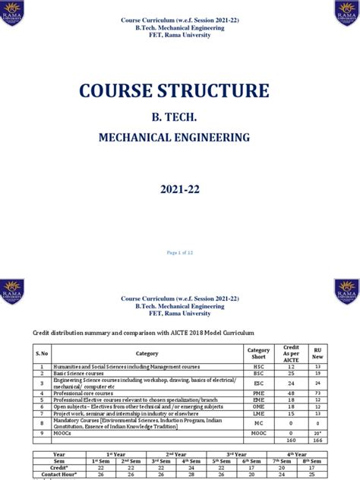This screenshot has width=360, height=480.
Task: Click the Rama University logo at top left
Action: [x=12, y=13]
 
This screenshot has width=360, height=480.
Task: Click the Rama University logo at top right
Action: [x=346, y=13]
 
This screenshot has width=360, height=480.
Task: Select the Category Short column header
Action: [x=258, y=353]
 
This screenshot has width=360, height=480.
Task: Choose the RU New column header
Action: [x=317, y=353]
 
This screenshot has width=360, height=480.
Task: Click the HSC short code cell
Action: [x=258, y=366]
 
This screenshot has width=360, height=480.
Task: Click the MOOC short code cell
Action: [x=258, y=433]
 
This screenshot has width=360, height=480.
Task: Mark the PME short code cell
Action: [x=258, y=393]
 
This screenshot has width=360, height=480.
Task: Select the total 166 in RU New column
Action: [x=317, y=441]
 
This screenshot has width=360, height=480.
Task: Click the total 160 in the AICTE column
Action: [x=289, y=441]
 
